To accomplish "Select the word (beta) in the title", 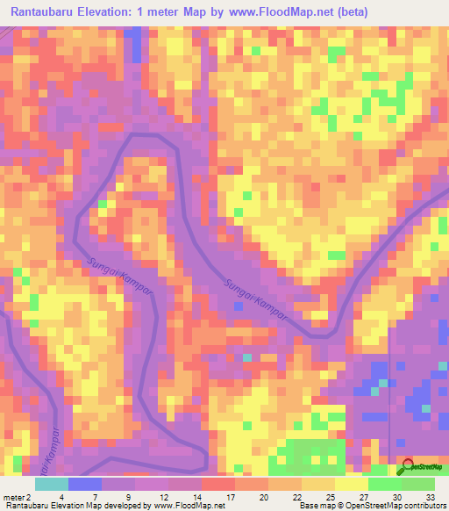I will coord(349,11).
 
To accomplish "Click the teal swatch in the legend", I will coord(52,484).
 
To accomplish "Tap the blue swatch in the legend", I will coord(85,484).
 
